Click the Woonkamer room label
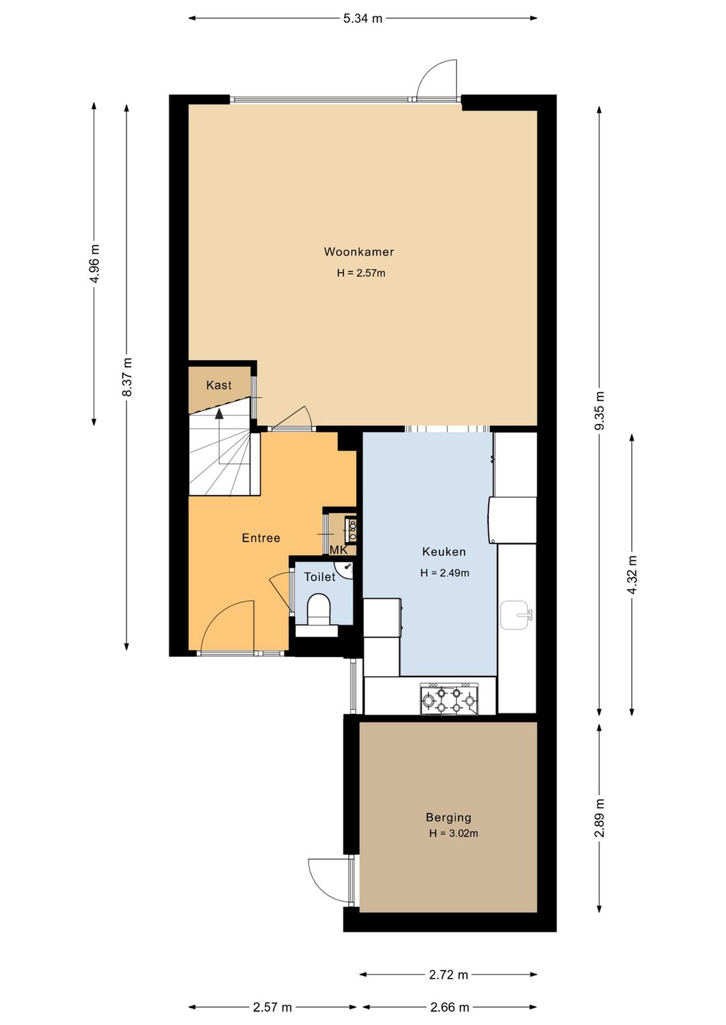pyautogui.click(x=359, y=252)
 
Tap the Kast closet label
pyautogui.click(x=219, y=386)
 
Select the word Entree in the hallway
pyautogui.click(x=261, y=538)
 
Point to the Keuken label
pyautogui.click(x=444, y=552)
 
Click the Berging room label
pyautogui.click(x=448, y=817)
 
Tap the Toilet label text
pyautogui.click(x=320, y=577)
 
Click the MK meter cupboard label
pyautogui.click(x=339, y=550)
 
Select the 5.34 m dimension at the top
pyautogui.click(x=363, y=19)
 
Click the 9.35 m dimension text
pyautogui.click(x=600, y=410)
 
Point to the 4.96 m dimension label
pyautogui.click(x=95, y=264)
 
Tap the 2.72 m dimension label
pyautogui.click(x=448, y=975)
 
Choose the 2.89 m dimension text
pyautogui.click(x=600, y=817)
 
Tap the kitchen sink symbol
pyautogui.click(x=516, y=615)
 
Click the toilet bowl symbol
pyautogui.click(x=319, y=610)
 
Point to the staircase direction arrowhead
pyautogui.click(x=219, y=414)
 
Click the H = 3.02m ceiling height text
pyautogui.click(x=454, y=834)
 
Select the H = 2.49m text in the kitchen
pyautogui.click(x=445, y=573)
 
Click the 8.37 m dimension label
pyautogui.click(x=127, y=377)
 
